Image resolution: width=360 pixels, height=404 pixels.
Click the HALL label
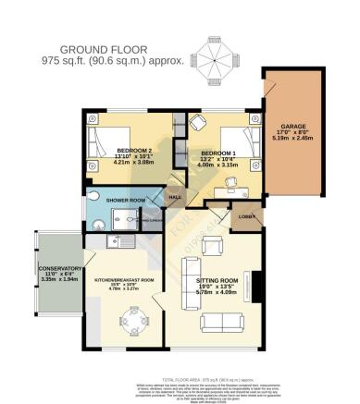tap(175, 197)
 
